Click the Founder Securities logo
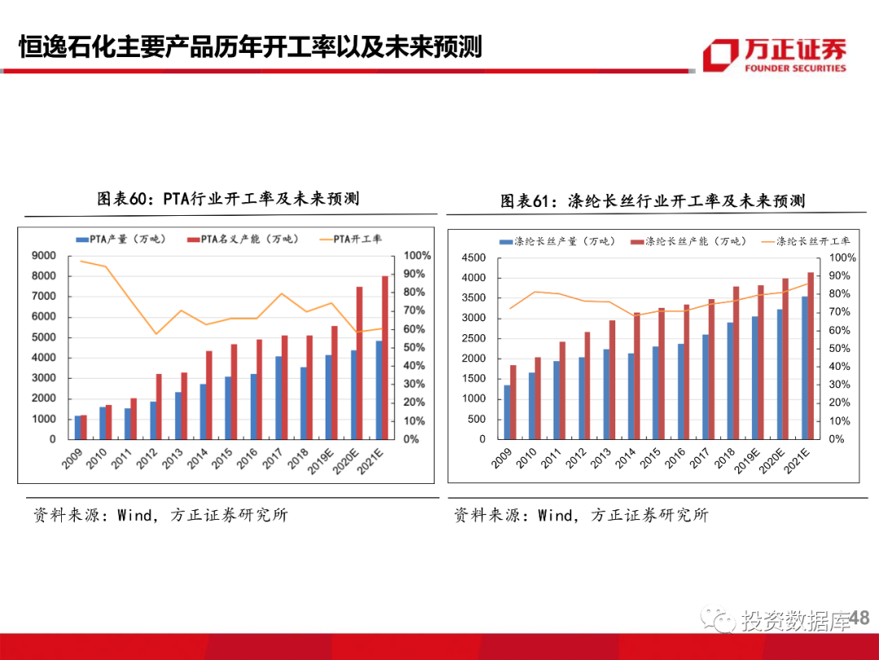pos(774,55)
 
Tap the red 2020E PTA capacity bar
pos(360,363)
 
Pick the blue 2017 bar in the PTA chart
pos(278,397)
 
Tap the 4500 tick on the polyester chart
pos(472,258)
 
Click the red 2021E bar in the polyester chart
pos(811,355)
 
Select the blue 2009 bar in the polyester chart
pos(507,411)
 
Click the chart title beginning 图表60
pos(229,199)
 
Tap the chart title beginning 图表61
pos(652,200)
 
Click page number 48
pos(859,619)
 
